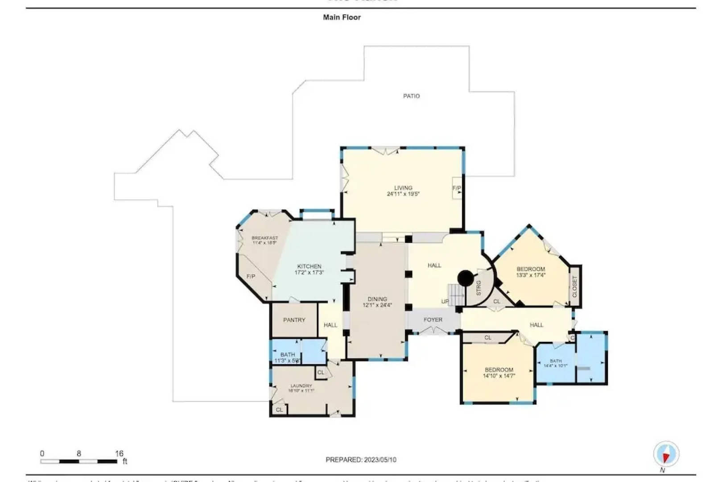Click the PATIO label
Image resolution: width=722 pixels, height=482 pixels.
[x=411, y=96]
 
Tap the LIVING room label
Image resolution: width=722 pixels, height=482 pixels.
[x=403, y=188]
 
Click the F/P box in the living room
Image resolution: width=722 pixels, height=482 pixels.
[x=457, y=188]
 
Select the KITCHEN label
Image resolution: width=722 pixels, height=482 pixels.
[x=309, y=266]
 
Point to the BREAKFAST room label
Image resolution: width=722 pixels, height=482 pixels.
[x=264, y=238]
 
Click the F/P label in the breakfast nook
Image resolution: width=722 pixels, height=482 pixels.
[x=251, y=277]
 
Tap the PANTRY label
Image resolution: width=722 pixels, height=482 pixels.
[x=294, y=320]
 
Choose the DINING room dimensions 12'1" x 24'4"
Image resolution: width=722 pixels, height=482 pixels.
[x=377, y=306]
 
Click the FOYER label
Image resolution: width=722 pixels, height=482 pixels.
[x=433, y=320]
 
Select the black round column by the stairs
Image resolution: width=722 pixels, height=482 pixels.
[x=466, y=278]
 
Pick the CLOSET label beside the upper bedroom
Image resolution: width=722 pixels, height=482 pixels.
[x=575, y=287]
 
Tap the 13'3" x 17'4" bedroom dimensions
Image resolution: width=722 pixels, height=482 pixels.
[x=531, y=275]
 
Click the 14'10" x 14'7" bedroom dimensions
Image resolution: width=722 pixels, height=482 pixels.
[x=499, y=376]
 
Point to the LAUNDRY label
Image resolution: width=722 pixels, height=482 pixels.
[x=301, y=386]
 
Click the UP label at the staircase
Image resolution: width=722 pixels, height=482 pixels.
[x=445, y=302]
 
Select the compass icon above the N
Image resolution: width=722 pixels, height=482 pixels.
[x=666, y=454]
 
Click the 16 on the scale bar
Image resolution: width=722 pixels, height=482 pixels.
[x=119, y=453]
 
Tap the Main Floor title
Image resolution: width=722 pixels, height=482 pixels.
[x=342, y=17]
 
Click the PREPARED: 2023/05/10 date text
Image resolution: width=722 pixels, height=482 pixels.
[x=361, y=460]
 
